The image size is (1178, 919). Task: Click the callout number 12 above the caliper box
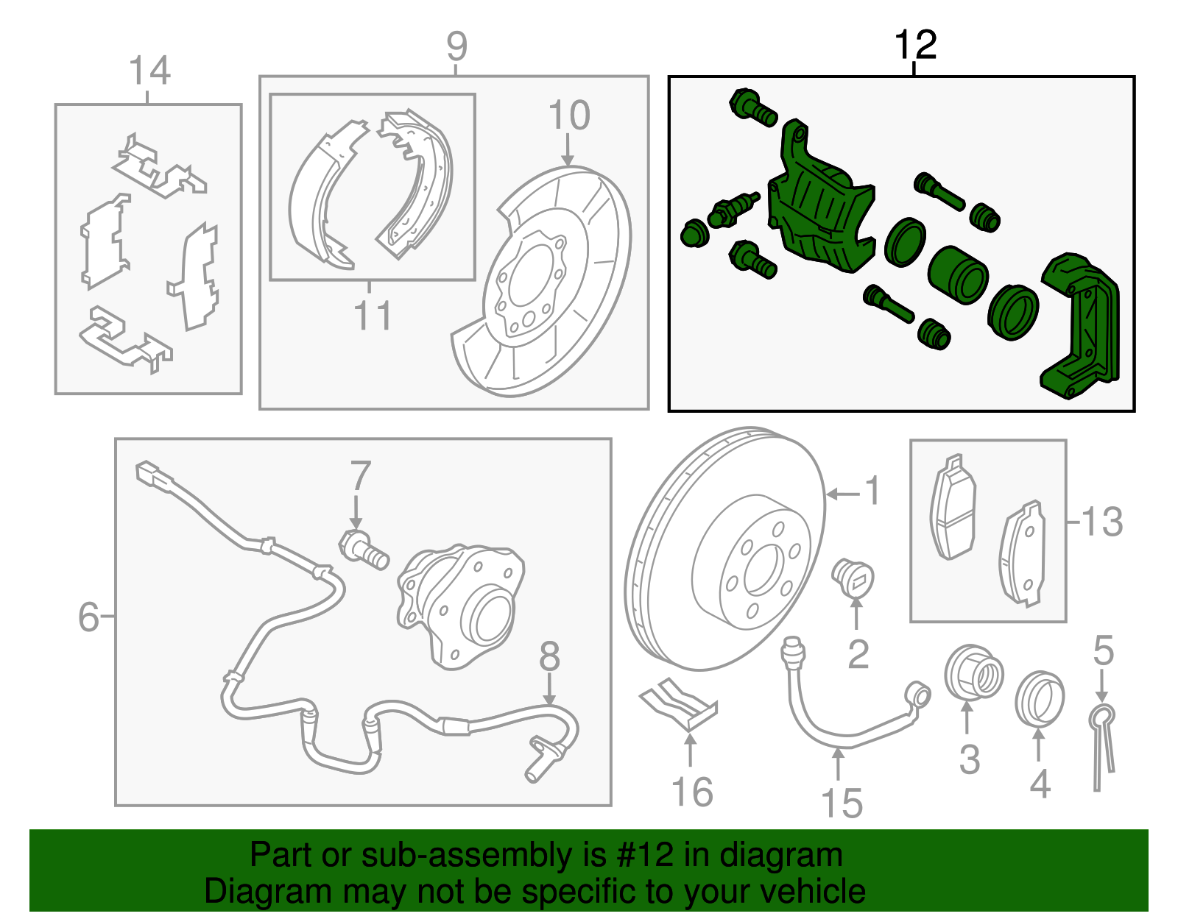pyautogui.click(x=915, y=46)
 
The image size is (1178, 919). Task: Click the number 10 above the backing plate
pyautogui.click(x=569, y=116)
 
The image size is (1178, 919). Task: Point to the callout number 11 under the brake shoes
pyautogui.click(x=373, y=316)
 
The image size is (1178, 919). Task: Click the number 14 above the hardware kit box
pyautogui.click(x=149, y=71)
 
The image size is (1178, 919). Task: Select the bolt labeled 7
pyautogui.click(x=363, y=550)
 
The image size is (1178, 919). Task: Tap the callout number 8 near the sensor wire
pyautogui.click(x=549, y=656)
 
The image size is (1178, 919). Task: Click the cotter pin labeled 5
pyautogui.click(x=1102, y=743)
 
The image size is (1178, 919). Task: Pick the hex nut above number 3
pyautogui.click(x=973, y=672)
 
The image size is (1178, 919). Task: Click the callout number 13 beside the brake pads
pyautogui.click(x=1102, y=522)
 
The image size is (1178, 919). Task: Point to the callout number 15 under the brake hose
pyautogui.click(x=842, y=803)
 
